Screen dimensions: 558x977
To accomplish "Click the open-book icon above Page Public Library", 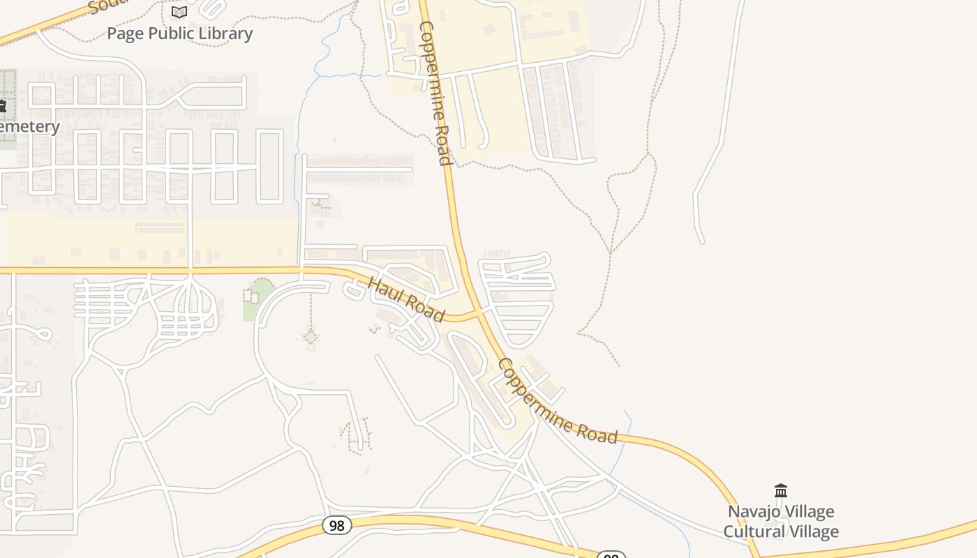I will [x=179, y=12].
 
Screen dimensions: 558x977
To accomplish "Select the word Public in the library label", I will [x=167, y=33].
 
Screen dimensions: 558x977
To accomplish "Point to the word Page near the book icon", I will [x=124, y=33].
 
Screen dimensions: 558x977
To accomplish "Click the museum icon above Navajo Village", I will [x=781, y=491].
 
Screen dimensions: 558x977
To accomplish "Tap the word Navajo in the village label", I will [x=754, y=512].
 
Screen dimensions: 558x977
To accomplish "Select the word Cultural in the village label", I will [x=752, y=531].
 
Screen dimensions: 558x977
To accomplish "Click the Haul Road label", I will [x=405, y=300].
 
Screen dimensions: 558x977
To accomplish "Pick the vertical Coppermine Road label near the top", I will [x=435, y=93].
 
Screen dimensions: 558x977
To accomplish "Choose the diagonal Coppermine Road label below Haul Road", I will [x=558, y=402].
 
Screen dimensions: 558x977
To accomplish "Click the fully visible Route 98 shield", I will [x=336, y=525].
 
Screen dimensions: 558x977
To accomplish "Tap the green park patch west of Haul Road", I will [x=258, y=299].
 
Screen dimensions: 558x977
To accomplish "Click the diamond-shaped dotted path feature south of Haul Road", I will [x=311, y=339].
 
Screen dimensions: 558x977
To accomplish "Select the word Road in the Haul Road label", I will [x=424, y=310].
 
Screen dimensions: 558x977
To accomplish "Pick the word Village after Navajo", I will [x=808, y=512].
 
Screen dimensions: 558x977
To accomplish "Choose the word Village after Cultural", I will [x=811, y=531].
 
